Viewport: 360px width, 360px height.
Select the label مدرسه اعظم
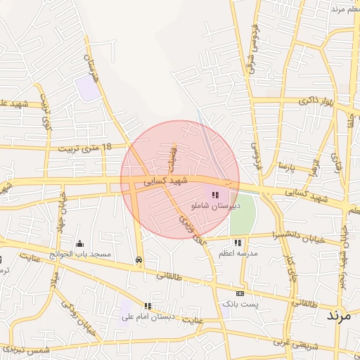[x=238, y=252]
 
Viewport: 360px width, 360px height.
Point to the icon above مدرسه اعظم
[x=238, y=242]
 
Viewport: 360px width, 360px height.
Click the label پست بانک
[x=240, y=304]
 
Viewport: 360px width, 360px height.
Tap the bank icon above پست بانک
[x=240, y=293]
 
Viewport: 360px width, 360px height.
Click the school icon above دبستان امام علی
[x=148, y=306]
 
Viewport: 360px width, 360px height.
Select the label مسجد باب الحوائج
[x=78, y=255]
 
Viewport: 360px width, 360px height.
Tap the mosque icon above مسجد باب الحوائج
[x=78, y=244]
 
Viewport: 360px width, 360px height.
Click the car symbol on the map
[x=139, y=259]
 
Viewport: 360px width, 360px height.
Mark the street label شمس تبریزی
[x=27, y=349]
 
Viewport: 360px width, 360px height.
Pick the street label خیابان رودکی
[x=77, y=314]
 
